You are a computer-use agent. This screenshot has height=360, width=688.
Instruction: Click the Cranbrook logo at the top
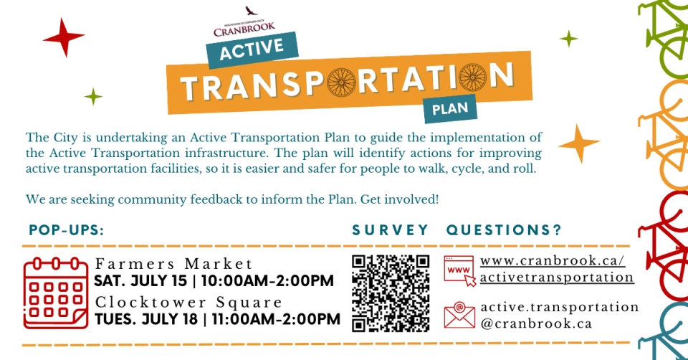244,22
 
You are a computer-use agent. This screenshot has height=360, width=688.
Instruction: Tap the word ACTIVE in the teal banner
252,49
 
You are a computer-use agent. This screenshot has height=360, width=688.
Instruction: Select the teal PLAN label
450,108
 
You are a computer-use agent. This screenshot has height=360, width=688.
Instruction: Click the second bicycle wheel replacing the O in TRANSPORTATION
472,77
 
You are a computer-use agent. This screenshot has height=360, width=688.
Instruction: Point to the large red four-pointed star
64,38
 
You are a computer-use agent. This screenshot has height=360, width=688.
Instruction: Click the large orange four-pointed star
579,143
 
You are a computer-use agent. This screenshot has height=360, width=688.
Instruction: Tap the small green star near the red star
93,97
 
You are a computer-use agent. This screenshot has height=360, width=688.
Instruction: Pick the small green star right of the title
569,39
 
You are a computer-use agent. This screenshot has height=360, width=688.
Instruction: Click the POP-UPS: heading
67,230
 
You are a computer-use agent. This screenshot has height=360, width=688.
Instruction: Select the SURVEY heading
390,230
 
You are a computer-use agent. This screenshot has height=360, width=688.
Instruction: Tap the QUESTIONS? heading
504,230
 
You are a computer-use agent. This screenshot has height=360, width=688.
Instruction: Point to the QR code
391,293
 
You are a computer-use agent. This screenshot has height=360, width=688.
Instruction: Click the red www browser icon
459,270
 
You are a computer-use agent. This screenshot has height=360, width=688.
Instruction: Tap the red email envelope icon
459,315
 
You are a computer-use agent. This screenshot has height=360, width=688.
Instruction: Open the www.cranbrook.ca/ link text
553,261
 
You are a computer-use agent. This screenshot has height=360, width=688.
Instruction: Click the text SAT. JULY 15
141,281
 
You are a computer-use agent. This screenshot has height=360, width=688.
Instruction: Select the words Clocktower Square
188,303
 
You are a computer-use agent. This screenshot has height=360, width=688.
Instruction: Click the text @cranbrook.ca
536,324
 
